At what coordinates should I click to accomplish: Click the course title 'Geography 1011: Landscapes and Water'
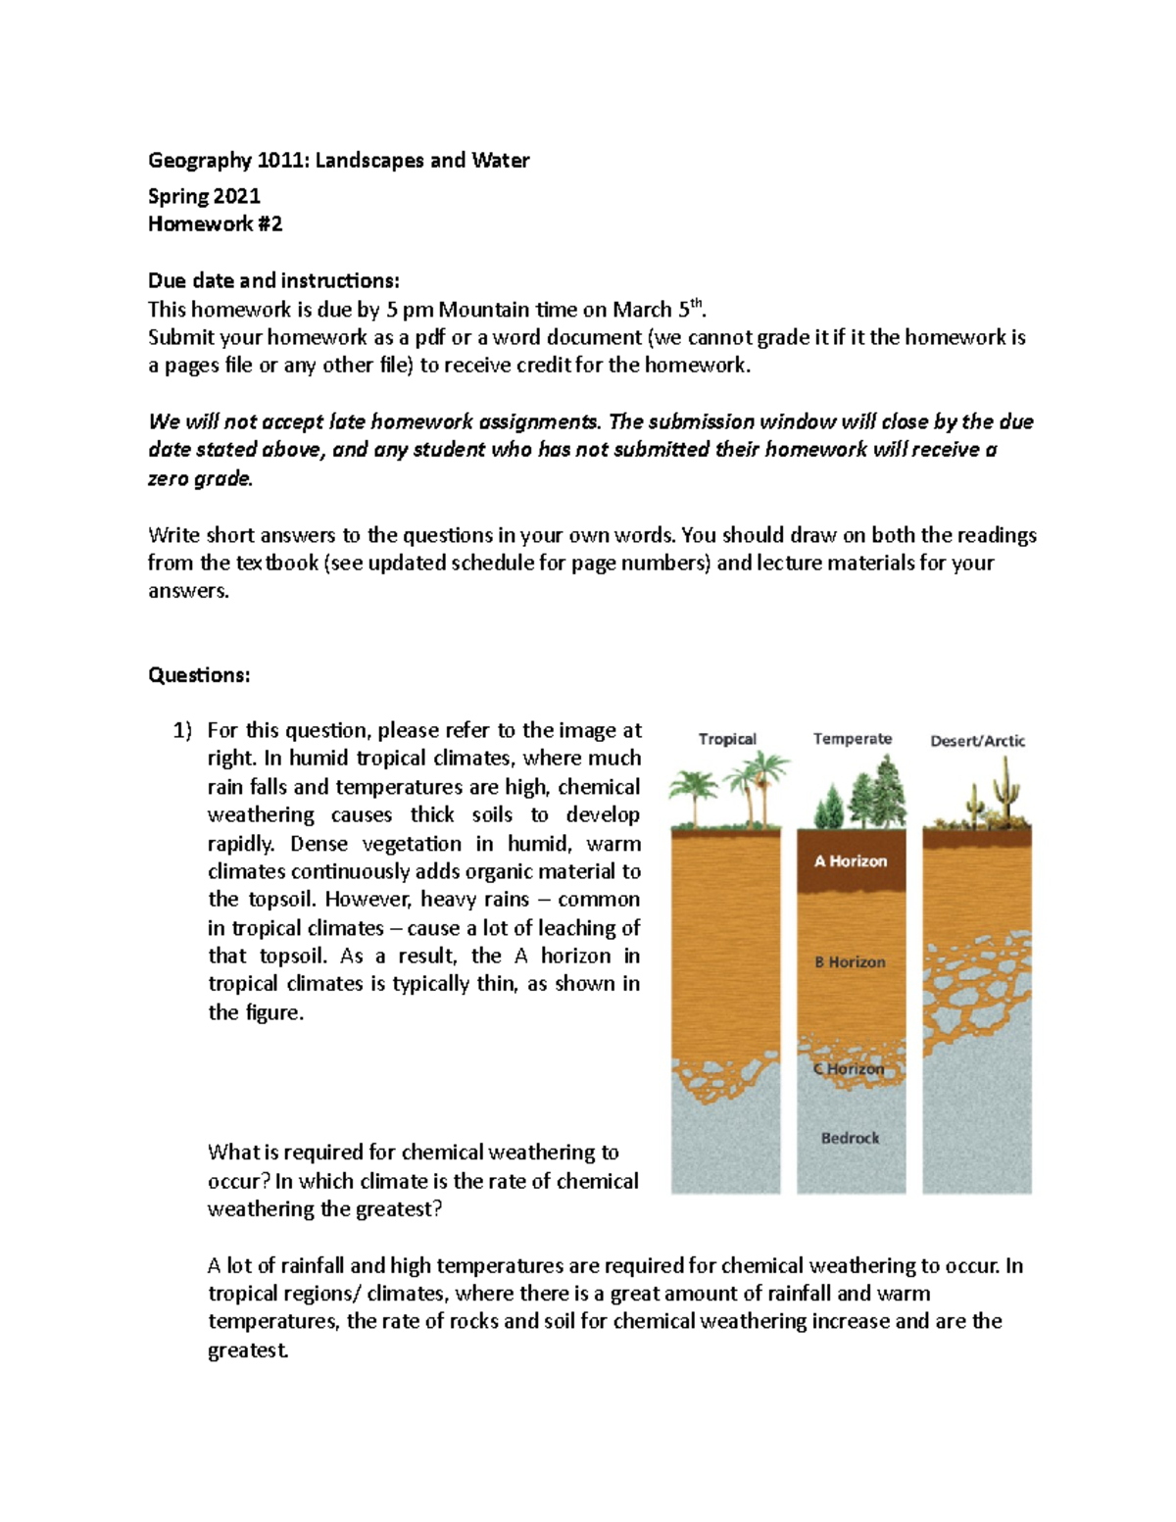[x=338, y=161]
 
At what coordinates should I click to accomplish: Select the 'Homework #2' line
[x=215, y=224]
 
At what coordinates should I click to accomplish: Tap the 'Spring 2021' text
[x=204, y=196]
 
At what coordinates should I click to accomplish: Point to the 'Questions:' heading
[x=199, y=675]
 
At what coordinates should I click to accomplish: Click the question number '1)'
[x=183, y=731]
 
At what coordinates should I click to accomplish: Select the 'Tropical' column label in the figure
[x=727, y=739]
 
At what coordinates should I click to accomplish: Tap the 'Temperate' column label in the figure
[x=852, y=739]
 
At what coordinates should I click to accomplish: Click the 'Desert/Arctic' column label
[x=977, y=741]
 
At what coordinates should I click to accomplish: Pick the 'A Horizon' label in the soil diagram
[x=851, y=861]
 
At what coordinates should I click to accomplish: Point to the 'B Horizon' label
[x=850, y=962]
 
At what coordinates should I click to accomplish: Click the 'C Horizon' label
[x=849, y=1069]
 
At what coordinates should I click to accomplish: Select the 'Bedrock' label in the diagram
[x=850, y=1138]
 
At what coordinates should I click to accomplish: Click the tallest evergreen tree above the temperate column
[x=888, y=787]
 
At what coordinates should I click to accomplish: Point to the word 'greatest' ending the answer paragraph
[x=247, y=1350]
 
